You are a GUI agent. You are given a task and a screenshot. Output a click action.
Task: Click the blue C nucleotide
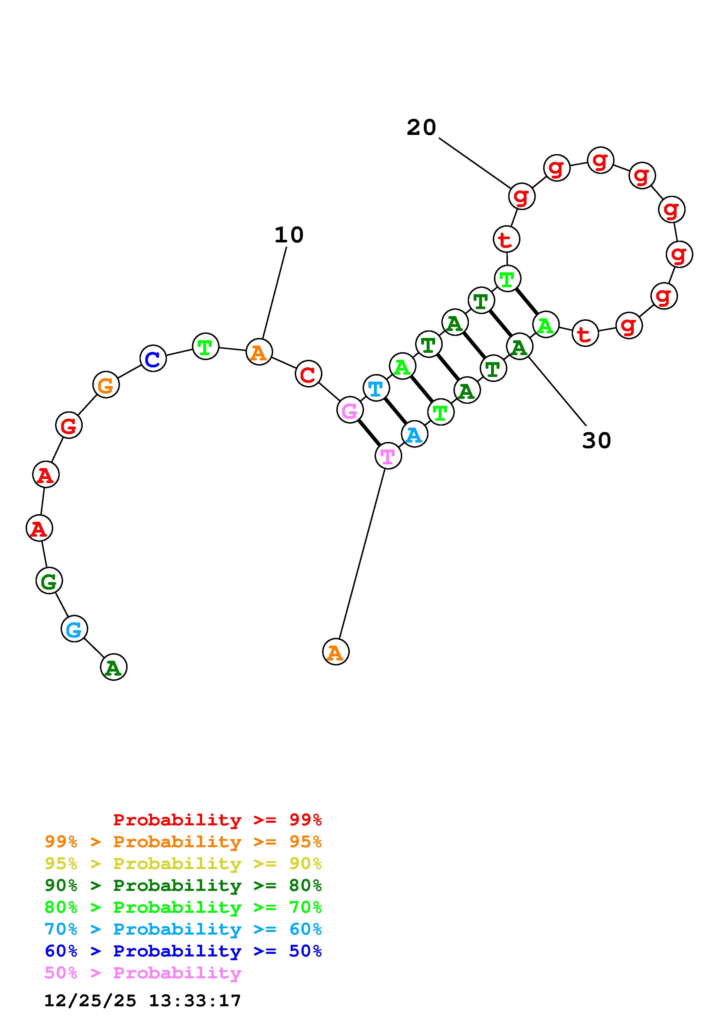pyautogui.click(x=153, y=358)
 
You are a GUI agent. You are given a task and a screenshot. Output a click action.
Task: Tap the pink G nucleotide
pyautogui.click(x=350, y=410)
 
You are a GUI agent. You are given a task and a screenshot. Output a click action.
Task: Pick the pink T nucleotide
pyautogui.click(x=388, y=456)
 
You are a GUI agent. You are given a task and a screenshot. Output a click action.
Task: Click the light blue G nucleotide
pyautogui.click(x=74, y=629)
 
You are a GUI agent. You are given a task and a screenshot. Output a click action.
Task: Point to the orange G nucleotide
pyautogui.click(x=106, y=385)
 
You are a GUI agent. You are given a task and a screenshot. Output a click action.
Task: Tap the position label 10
pyautogui.click(x=289, y=235)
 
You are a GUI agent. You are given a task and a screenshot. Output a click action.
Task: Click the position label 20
pyautogui.click(x=421, y=128)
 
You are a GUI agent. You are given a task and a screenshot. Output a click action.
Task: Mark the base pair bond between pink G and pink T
pyautogui.click(x=369, y=433)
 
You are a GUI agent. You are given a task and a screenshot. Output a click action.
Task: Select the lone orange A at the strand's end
pyautogui.click(x=336, y=652)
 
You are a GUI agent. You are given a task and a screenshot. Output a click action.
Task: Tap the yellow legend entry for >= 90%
pyautogui.click(x=183, y=864)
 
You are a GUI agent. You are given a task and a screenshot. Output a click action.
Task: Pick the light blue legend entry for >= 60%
pyautogui.click(x=183, y=929)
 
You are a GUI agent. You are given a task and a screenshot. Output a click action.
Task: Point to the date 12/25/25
pyautogui.click(x=90, y=1001)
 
